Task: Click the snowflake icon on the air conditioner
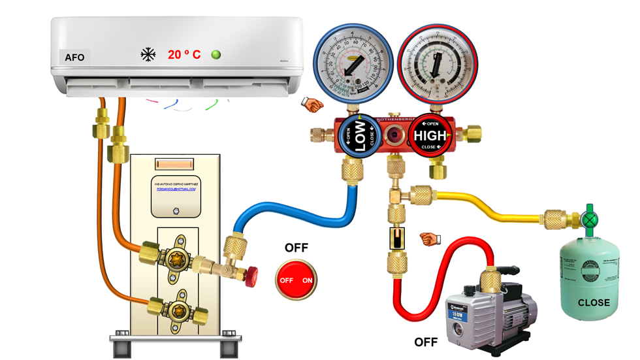(x=148, y=55)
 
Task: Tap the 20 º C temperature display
(x=184, y=55)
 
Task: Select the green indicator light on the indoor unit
(x=216, y=55)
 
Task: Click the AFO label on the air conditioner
(x=74, y=57)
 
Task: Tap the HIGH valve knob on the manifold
(x=430, y=136)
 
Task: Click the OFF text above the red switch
(x=296, y=248)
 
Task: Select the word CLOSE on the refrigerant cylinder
(x=594, y=303)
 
